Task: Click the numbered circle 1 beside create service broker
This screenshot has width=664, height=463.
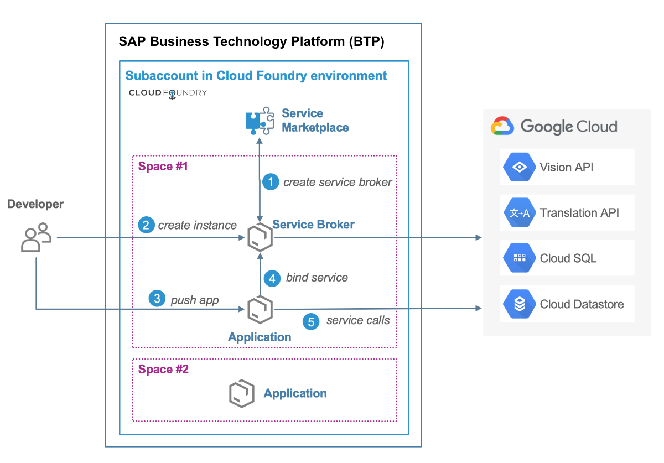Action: [x=271, y=182]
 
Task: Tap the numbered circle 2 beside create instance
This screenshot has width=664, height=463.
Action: [x=146, y=225]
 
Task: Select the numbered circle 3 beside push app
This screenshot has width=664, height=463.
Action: [x=157, y=299]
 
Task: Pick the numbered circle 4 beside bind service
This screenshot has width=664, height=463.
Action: [x=272, y=278]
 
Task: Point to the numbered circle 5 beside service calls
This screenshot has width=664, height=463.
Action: [x=312, y=321]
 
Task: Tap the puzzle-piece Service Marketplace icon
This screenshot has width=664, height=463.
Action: [x=259, y=121]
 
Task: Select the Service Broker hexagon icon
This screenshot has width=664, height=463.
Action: [x=258, y=238]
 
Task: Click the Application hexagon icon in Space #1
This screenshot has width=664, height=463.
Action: [x=258, y=309]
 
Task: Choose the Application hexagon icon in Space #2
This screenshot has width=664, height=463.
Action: [x=241, y=393]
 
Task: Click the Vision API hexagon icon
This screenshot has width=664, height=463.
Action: [x=520, y=167]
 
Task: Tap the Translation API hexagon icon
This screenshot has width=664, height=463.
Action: [x=520, y=213]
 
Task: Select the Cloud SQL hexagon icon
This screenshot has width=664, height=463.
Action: [x=520, y=258]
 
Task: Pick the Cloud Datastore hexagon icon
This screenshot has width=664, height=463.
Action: [x=520, y=304]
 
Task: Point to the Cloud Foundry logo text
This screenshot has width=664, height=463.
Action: [x=168, y=92]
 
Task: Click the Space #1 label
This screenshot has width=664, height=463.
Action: [x=163, y=167]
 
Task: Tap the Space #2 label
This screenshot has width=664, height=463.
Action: [x=163, y=370]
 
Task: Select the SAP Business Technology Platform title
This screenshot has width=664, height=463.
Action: [x=251, y=42]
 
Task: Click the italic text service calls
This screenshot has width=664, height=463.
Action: [x=357, y=320]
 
